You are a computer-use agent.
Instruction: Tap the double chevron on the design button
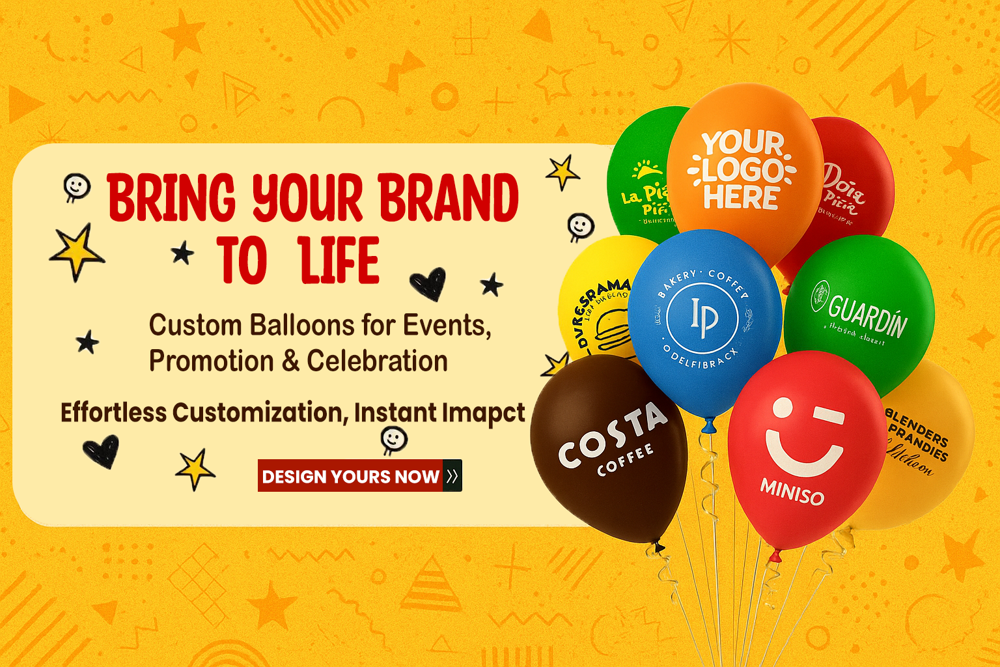pyautogui.click(x=452, y=476)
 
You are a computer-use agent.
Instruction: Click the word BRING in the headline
pyautogui.click(x=171, y=197)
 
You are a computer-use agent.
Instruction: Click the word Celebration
pyautogui.click(x=377, y=361)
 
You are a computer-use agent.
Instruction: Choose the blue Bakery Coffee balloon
pyautogui.click(x=704, y=319)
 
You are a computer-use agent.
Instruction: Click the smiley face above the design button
pyautogui.click(x=393, y=439)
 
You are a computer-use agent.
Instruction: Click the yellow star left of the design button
pyautogui.click(x=195, y=468)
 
